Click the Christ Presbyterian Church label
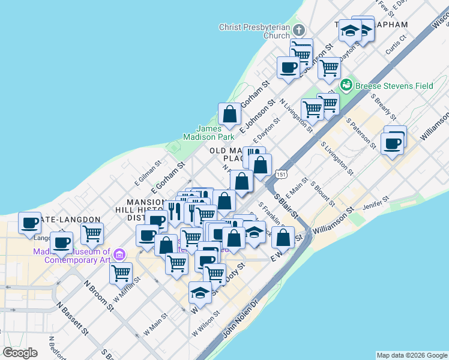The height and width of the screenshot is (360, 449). pos(255,31)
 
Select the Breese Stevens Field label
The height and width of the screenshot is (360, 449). pos(394,86)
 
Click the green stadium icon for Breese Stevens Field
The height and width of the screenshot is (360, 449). pos(346,85)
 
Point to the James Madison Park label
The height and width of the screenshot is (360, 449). pos(217,133)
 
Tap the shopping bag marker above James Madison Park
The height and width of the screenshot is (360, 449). pos(229,113)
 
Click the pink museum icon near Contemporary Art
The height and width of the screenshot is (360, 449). pos(119,256)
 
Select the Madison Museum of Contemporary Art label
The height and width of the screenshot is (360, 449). pos(72,256)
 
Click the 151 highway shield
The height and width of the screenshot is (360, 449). pos(280,175)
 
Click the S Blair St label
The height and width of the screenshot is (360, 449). pos(286,206)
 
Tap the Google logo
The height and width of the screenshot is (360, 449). pos(20,352)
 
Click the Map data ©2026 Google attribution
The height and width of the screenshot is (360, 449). pos(412,355)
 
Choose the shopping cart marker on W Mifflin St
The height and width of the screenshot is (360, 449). pos(121,273)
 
